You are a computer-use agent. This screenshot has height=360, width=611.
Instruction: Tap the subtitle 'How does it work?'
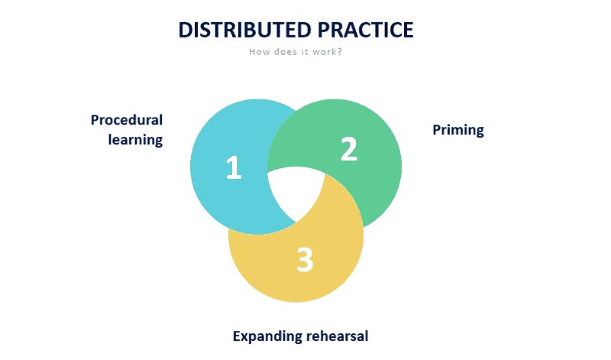295,52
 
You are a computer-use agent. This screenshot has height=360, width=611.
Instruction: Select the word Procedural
127,120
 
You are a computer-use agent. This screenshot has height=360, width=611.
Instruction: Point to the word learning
135,140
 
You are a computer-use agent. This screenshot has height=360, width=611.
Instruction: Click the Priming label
458,129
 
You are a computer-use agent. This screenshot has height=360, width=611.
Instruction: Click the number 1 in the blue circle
234,168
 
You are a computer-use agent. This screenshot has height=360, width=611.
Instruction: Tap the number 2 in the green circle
348,149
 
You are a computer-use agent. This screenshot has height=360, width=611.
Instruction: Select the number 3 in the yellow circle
305,260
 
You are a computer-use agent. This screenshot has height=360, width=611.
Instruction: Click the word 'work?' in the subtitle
328,52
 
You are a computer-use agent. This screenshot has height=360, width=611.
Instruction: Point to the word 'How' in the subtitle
258,52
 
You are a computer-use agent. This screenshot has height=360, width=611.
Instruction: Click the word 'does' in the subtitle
281,52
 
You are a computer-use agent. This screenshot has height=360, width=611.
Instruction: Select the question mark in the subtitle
338,52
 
